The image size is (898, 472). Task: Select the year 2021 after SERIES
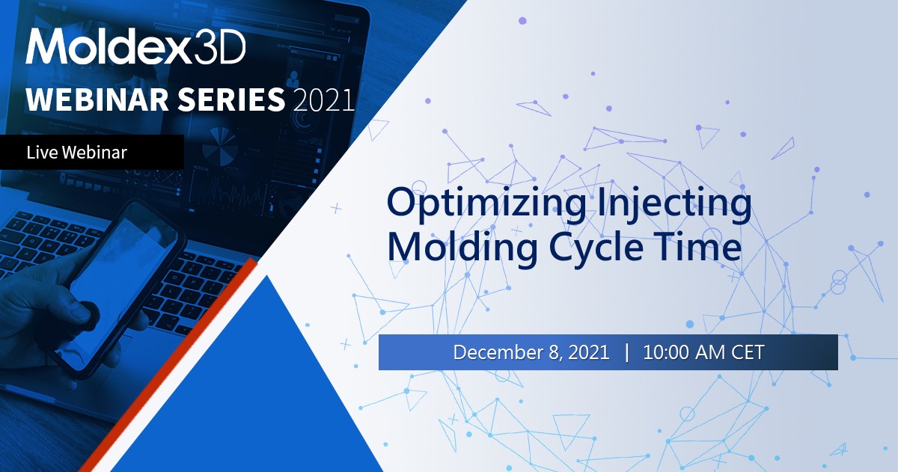tap(324, 99)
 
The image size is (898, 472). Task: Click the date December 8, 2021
tap(531, 352)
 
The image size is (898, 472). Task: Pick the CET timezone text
tap(747, 352)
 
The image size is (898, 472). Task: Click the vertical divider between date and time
tap(626, 352)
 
